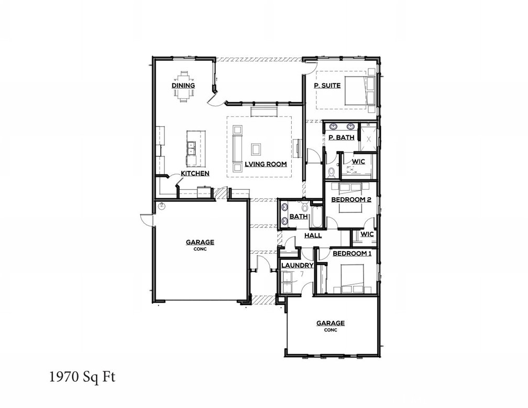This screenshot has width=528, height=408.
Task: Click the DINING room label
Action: click(183, 85)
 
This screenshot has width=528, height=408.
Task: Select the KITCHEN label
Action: click(195, 173)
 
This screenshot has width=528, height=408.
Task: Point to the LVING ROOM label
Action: click(266, 164)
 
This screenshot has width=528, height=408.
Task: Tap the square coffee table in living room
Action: click(257, 149)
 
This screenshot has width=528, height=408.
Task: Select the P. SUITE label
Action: click(327, 85)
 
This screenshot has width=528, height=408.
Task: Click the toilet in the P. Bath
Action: click(331, 171)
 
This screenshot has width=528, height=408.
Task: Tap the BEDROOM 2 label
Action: click(351, 200)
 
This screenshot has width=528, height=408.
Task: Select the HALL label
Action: click(313, 235)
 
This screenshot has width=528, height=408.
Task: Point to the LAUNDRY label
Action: click(297, 265)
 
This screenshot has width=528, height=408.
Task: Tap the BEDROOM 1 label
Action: click(352, 254)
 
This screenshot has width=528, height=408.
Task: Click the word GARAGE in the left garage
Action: click(200, 242)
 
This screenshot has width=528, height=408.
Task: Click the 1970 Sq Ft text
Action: click(82, 377)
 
